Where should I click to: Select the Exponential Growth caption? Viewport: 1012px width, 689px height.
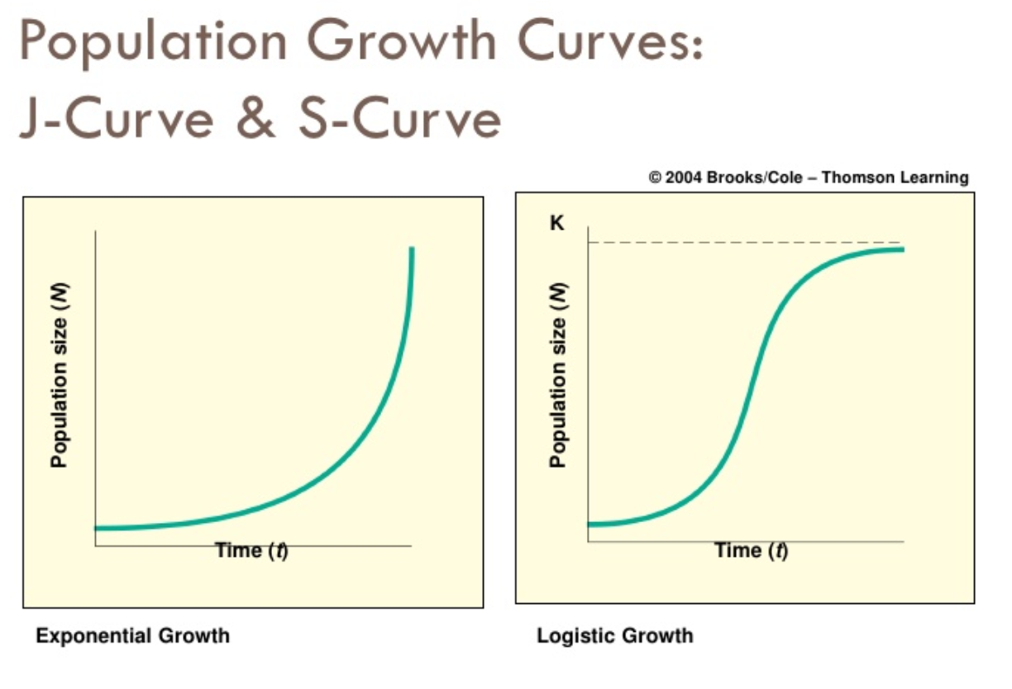tap(132, 636)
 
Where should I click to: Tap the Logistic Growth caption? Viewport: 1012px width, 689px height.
tap(615, 636)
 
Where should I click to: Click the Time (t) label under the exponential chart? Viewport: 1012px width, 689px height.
tap(251, 550)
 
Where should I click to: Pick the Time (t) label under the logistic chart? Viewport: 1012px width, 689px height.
tap(751, 550)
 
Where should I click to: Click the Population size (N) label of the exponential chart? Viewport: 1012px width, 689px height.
tap(59, 376)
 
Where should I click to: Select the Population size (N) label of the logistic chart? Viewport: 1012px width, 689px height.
tap(559, 376)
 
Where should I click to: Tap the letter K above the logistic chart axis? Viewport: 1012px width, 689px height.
tap(558, 224)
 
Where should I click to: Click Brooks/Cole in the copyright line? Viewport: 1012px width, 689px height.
tap(752, 178)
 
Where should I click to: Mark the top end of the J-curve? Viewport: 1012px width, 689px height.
tap(411, 249)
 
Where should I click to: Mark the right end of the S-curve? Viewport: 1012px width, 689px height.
tap(901, 249)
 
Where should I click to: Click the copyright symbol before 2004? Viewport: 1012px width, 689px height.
tap(656, 178)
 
